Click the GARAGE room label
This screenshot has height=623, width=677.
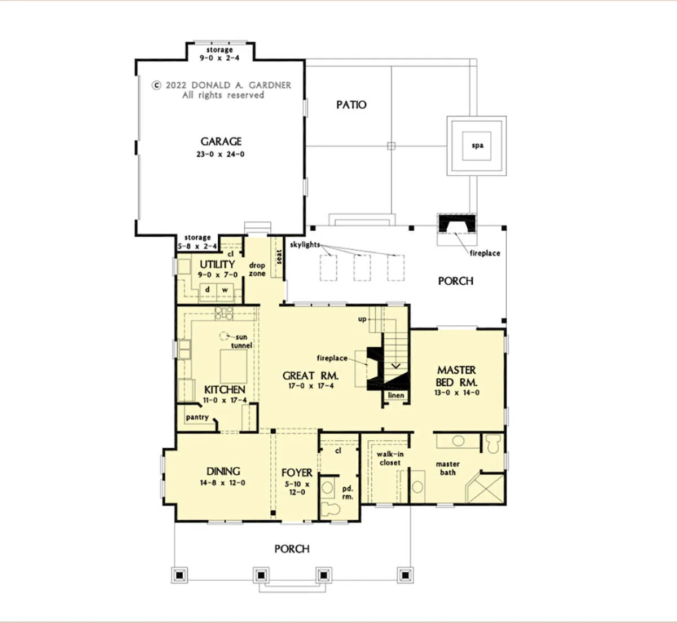221,142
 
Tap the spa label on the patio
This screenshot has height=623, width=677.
477,145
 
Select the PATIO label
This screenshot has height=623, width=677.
351,105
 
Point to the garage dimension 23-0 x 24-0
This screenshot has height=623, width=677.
221,154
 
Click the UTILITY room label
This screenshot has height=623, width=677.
217,264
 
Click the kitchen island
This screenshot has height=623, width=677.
234,366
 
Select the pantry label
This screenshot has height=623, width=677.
197,417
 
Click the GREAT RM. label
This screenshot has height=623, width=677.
310,375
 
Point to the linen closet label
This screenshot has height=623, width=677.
396,395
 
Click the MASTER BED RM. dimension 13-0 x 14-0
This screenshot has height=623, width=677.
457,392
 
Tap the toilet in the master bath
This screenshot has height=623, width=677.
493,444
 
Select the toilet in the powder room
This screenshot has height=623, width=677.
329,509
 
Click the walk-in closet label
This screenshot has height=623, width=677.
390,458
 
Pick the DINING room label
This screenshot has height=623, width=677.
223,471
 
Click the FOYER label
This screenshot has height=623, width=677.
297,473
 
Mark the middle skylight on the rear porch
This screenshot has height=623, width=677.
362,268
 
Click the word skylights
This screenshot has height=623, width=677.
305,245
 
